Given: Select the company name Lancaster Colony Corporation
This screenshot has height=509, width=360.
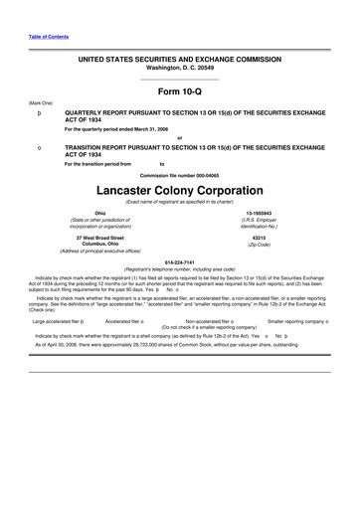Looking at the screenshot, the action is pos(180,189).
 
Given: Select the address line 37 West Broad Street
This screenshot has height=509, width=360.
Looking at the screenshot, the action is pos(99,238).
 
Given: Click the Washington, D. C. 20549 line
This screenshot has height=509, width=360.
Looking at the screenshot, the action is pos(180,68).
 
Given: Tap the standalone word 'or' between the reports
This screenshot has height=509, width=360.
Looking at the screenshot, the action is pos(180,137).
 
